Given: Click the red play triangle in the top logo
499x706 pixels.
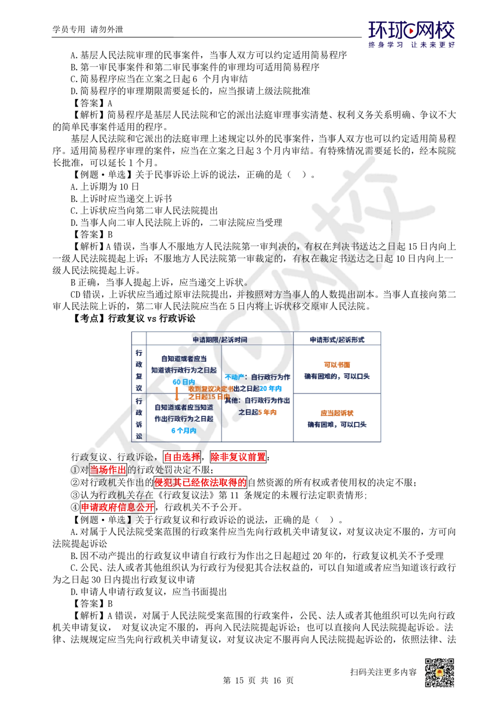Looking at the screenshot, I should tap(411, 31).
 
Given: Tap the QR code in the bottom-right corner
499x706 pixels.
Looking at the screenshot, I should tap(439, 673).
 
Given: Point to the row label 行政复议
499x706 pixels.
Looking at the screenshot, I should tap(139, 370).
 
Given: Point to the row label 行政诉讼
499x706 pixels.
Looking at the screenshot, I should tap(139, 418).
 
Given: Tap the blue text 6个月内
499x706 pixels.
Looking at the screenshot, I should tap(183, 430).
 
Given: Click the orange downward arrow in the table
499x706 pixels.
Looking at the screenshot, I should tap(177, 392).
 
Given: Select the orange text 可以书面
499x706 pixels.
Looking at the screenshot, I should tap(337, 365).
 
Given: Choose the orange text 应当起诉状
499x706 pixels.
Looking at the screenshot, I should tap(337, 413).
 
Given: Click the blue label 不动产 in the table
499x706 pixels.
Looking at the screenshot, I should tap(235, 377).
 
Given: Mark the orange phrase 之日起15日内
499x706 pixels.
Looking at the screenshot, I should tap(209, 396).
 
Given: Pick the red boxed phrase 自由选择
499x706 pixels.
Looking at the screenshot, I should tap(182, 456).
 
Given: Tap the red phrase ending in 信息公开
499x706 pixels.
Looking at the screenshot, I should tap(118, 507).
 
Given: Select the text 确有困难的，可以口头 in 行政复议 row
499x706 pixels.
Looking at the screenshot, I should tap(337, 376).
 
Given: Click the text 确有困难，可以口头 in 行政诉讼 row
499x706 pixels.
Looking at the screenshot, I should tap(337, 424).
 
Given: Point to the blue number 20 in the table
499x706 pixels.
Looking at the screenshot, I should tap(264, 388).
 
